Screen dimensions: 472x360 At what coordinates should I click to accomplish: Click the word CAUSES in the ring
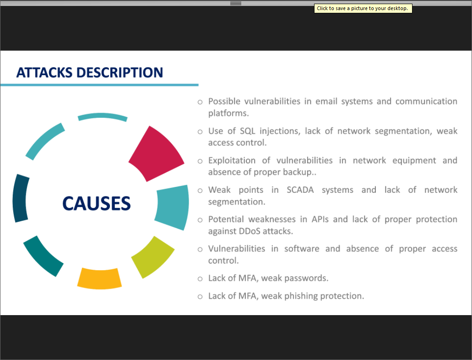[96, 203]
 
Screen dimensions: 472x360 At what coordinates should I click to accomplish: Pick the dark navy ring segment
[20, 198]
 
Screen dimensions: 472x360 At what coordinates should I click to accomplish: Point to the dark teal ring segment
[43, 256]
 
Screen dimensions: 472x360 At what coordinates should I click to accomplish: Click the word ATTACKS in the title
[44, 73]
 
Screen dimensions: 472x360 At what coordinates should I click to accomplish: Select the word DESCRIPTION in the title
[120, 73]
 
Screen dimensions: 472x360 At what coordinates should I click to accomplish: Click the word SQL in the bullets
[247, 131]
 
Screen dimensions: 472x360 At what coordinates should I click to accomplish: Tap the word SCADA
[300, 190]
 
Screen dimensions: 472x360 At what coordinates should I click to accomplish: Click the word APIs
[320, 219]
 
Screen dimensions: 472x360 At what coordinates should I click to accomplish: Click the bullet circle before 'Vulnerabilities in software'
[200, 250]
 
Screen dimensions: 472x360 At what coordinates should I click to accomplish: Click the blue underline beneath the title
[99, 85]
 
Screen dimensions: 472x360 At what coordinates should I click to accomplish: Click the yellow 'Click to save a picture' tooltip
[363, 8]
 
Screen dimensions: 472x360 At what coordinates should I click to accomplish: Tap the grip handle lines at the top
[236, 3]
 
